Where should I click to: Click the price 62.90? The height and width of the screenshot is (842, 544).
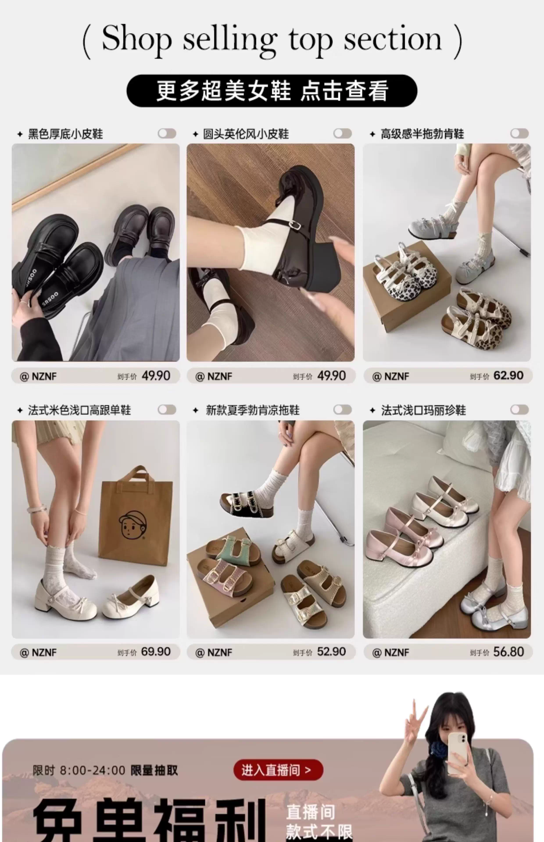[508, 375]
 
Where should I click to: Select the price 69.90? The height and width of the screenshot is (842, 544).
[156, 651]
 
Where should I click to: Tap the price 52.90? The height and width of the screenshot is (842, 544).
[331, 651]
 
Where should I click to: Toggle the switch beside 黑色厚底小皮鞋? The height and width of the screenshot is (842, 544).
[167, 134]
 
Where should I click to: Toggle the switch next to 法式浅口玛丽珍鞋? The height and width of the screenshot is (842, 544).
[519, 410]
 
